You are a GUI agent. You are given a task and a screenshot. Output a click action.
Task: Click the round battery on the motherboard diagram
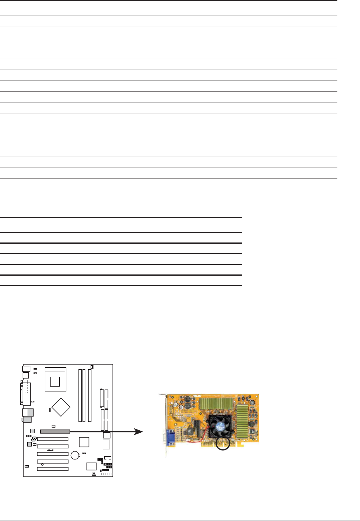pyautogui.click(x=75, y=455)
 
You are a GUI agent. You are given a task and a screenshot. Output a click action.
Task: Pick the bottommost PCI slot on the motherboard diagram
pyautogui.click(x=53, y=469)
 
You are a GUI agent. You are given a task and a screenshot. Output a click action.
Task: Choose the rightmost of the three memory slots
pyautogui.click(x=89, y=395)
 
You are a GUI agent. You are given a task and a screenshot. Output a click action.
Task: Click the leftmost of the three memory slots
pyautogui.click(x=79, y=395)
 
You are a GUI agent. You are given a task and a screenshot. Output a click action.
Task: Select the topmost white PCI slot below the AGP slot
pyautogui.click(x=53, y=439)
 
